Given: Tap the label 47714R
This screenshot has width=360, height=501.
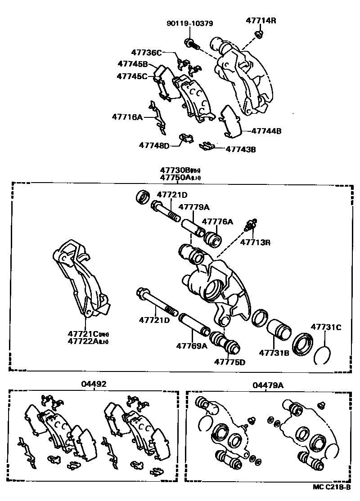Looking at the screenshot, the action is click(x=261, y=20).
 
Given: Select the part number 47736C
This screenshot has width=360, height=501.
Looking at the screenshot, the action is click(x=146, y=53).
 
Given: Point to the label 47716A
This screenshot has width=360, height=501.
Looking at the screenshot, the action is click(x=127, y=117).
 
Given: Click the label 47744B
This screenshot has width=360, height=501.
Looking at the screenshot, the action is click(x=266, y=131).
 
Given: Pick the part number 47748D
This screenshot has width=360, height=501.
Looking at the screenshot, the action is click(x=154, y=145).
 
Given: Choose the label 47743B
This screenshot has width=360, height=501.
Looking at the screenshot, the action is click(x=240, y=149).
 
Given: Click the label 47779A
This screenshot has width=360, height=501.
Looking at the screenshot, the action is click(x=194, y=207).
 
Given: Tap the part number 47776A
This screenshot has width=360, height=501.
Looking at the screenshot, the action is click(x=217, y=221).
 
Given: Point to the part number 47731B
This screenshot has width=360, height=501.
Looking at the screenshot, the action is click(x=274, y=353).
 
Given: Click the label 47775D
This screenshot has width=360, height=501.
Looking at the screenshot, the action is click(x=229, y=362).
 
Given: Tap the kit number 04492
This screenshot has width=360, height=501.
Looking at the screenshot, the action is click(x=94, y=385).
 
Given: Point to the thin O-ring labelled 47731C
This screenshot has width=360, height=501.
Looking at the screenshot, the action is click(x=323, y=355).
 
